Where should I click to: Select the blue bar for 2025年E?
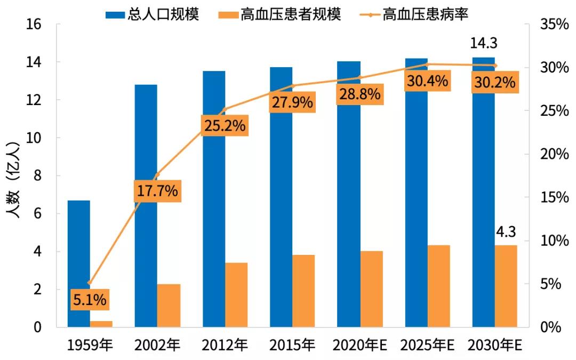click(x=417, y=203)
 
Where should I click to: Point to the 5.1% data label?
click(x=90, y=300)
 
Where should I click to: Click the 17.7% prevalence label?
click(x=157, y=191)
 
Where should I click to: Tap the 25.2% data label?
click(x=225, y=126)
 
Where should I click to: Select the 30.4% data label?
click(x=427, y=82)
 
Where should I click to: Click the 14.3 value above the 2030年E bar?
click(x=484, y=43)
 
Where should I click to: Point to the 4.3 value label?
click(x=506, y=233)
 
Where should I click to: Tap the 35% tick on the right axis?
click(x=554, y=25)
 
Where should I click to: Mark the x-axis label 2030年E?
click(x=494, y=346)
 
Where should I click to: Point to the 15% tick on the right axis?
click(x=554, y=197)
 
